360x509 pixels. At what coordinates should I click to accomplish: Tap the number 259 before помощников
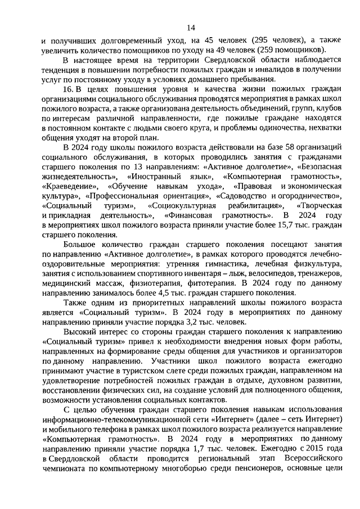pos(253,51)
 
